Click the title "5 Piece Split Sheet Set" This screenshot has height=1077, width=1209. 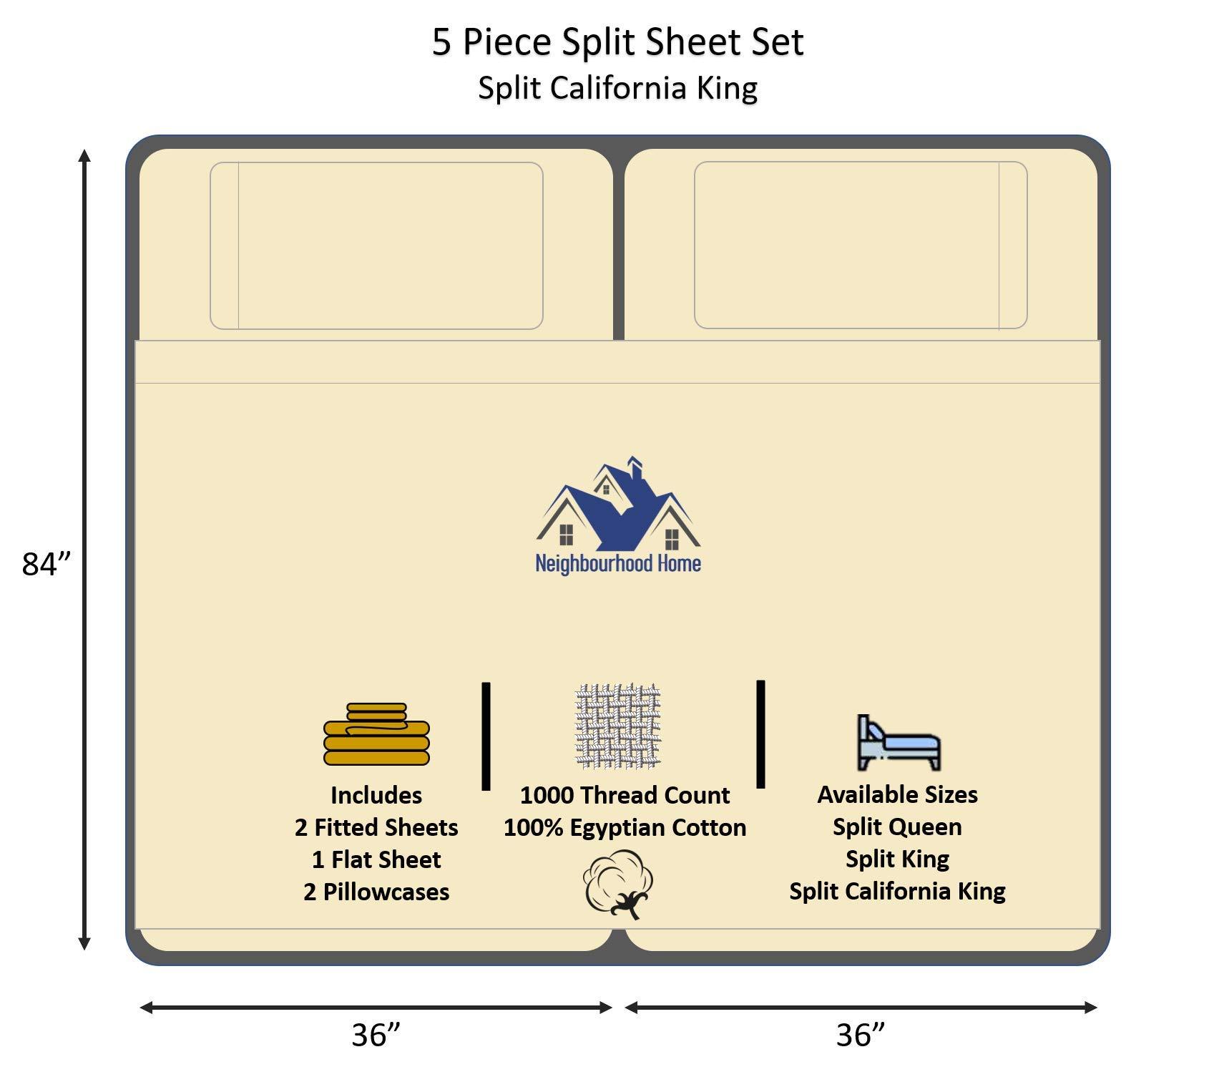617,42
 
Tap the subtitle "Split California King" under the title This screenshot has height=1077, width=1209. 617,88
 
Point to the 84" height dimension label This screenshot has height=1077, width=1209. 47,564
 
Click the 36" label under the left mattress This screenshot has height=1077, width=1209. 376,1035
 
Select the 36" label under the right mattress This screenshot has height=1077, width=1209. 861,1035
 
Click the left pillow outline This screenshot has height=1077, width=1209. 376,245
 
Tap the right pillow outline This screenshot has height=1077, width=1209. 861,245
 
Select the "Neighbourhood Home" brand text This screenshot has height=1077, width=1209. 618,564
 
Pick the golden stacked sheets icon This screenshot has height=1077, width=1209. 376,734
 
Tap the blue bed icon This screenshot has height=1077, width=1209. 899,743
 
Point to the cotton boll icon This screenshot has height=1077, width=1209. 619,884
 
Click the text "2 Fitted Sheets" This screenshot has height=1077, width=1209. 376,827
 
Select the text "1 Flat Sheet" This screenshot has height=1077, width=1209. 376,859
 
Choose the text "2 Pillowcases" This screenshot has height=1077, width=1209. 376,892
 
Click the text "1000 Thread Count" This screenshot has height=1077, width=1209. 625,795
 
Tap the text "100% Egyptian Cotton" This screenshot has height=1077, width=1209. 625,827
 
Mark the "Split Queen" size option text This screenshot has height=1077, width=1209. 897,827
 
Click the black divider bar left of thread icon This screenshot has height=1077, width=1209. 486,736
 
